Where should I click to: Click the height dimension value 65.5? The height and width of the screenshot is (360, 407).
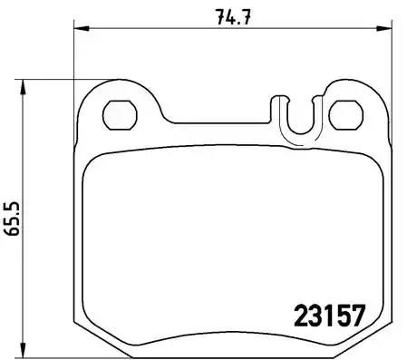13,218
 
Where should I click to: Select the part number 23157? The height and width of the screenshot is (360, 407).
328,316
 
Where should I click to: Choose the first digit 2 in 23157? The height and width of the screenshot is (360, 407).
300,316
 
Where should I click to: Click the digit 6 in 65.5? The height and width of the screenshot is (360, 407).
13,230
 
